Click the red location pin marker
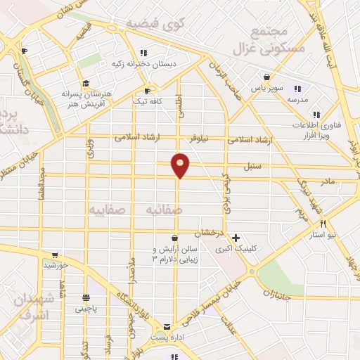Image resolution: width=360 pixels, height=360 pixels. click(181, 165)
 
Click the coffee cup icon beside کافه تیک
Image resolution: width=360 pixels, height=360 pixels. click(148, 90)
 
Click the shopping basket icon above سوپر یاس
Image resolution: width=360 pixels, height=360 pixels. click(266, 77)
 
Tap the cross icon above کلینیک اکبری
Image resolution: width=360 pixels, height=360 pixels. click(236, 238)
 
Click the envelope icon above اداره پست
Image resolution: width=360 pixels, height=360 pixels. click(166, 327)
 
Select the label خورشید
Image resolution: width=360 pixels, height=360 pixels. click(55, 266)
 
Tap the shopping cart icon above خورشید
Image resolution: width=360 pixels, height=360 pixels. click(55, 255)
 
